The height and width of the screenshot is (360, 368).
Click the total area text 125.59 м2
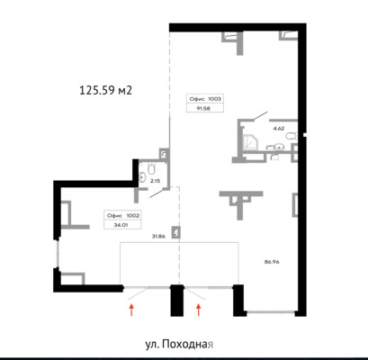pyautogui.click(x=105, y=90)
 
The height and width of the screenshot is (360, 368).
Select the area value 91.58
pyautogui.click(x=203, y=108)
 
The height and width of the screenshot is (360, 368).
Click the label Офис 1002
pyautogui.click(x=123, y=215)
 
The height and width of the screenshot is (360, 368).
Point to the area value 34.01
pyautogui.click(x=121, y=225)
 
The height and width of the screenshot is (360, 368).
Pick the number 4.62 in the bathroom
pyautogui.click(x=279, y=129)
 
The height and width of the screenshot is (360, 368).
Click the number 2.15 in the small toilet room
pyautogui.click(x=155, y=181)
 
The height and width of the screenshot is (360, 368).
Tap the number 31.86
pyautogui.click(x=158, y=237)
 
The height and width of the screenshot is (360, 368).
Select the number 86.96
pyautogui.click(x=272, y=262)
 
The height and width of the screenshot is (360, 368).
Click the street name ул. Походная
pyautogui.click(x=179, y=344)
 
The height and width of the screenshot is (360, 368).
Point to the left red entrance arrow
pyautogui.click(x=131, y=310)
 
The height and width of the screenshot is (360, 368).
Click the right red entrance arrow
pyautogui.click(x=198, y=310)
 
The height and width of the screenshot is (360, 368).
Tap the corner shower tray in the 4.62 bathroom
pyautogui.click(x=251, y=141)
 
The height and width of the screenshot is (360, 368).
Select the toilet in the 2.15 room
pyautogui.click(x=151, y=168)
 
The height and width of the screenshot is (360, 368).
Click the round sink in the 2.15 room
pyautogui.click(x=142, y=176)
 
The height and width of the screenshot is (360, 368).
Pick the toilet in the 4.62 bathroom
pyautogui.click(x=291, y=137)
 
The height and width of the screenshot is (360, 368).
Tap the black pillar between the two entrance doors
pyautogui.click(x=177, y=301)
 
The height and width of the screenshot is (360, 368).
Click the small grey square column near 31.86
pyautogui.click(x=175, y=232)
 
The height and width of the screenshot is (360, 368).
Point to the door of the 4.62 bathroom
pyautogui.click(x=261, y=116)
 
